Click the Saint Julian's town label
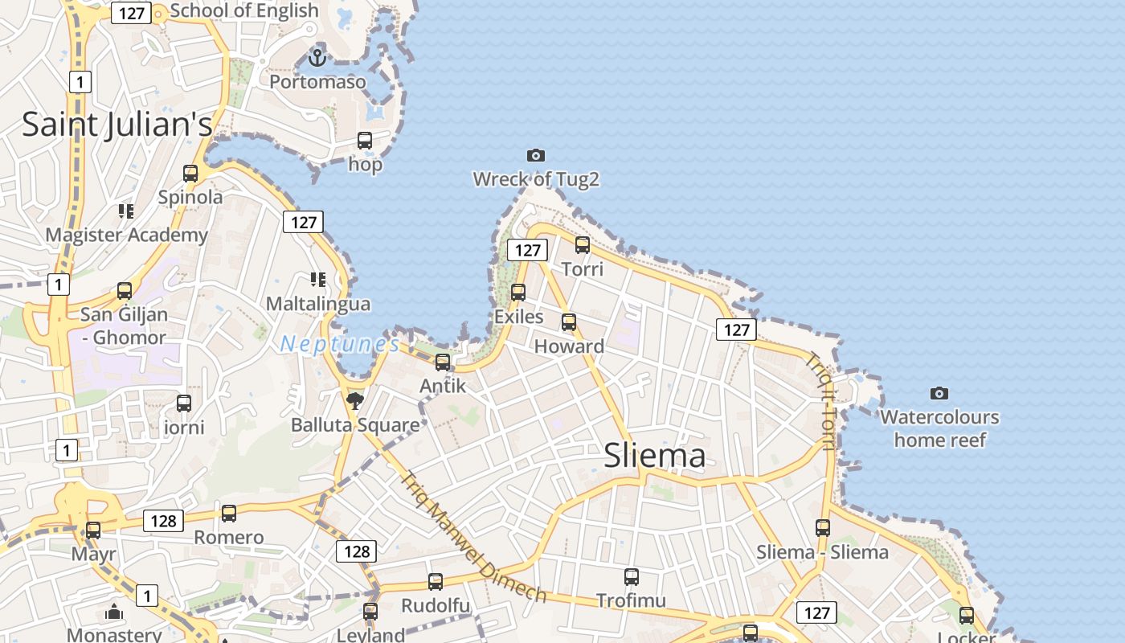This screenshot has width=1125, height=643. pos(117,125)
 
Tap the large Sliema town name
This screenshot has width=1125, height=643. pos(655,456)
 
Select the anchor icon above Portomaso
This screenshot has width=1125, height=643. pos(317,58)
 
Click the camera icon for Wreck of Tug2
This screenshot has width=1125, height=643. pos(536,155)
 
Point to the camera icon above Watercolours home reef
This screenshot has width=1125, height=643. pos(939,393)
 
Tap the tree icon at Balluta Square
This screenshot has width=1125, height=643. pos(354,399)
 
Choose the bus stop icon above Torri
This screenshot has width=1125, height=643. pos(583,245)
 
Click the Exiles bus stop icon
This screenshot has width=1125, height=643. pos(518,293)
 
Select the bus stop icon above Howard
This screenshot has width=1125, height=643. pos(569,322)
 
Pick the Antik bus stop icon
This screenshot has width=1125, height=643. pos(443,362)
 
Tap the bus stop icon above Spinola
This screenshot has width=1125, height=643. pos(190,174)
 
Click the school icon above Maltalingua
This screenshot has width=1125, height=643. pos(318,280)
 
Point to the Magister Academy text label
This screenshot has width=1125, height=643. pos(127,235)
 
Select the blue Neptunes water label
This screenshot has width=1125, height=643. pos(340,345)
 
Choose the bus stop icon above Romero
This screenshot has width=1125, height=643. pos(229,514)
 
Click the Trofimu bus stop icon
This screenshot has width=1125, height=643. pos(632,576)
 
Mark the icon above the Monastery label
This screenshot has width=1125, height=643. pos(114,612)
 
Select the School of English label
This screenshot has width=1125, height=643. pos(244,10)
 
